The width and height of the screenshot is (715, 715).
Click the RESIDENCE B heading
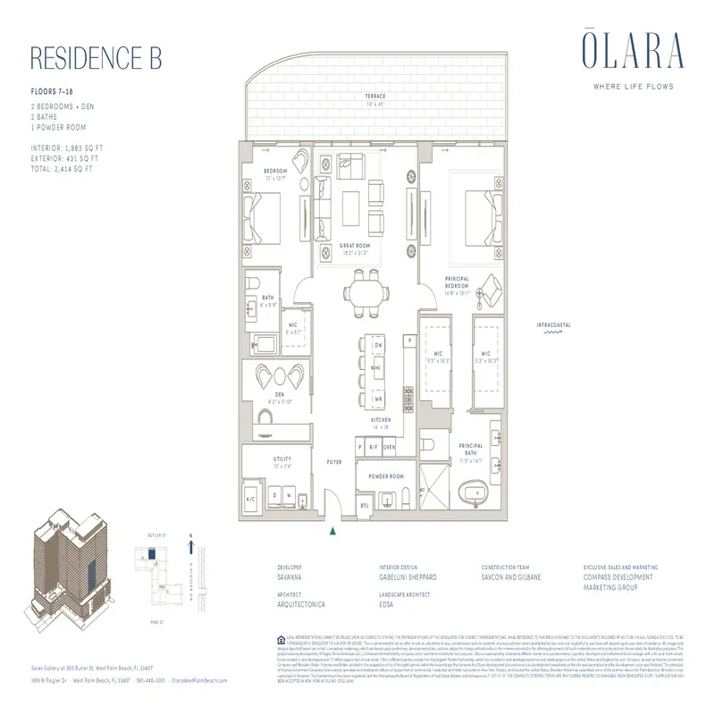(96, 58)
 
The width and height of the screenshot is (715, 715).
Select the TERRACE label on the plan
(374, 97)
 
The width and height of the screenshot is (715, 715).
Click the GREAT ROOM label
(354, 246)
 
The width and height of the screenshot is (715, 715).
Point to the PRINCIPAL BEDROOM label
(458, 283)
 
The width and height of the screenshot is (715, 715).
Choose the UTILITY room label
(282, 458)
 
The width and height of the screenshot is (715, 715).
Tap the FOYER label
(335, 462)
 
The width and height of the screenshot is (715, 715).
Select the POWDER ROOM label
(385, 476)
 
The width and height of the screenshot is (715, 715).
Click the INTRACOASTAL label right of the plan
(553, 324)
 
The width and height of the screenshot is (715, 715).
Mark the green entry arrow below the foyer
(333, 531)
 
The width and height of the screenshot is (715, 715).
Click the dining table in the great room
(368, 292)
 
